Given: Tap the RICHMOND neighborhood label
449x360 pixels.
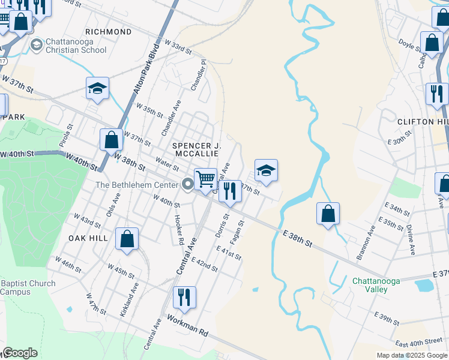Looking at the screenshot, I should (108, 32).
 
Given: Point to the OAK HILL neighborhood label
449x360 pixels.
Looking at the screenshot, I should (88, 238).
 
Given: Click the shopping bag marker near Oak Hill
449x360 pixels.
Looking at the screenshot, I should (127, 239).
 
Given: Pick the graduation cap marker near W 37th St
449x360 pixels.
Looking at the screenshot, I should (97, 89).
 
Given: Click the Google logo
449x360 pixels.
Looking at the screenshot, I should (20, 353).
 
